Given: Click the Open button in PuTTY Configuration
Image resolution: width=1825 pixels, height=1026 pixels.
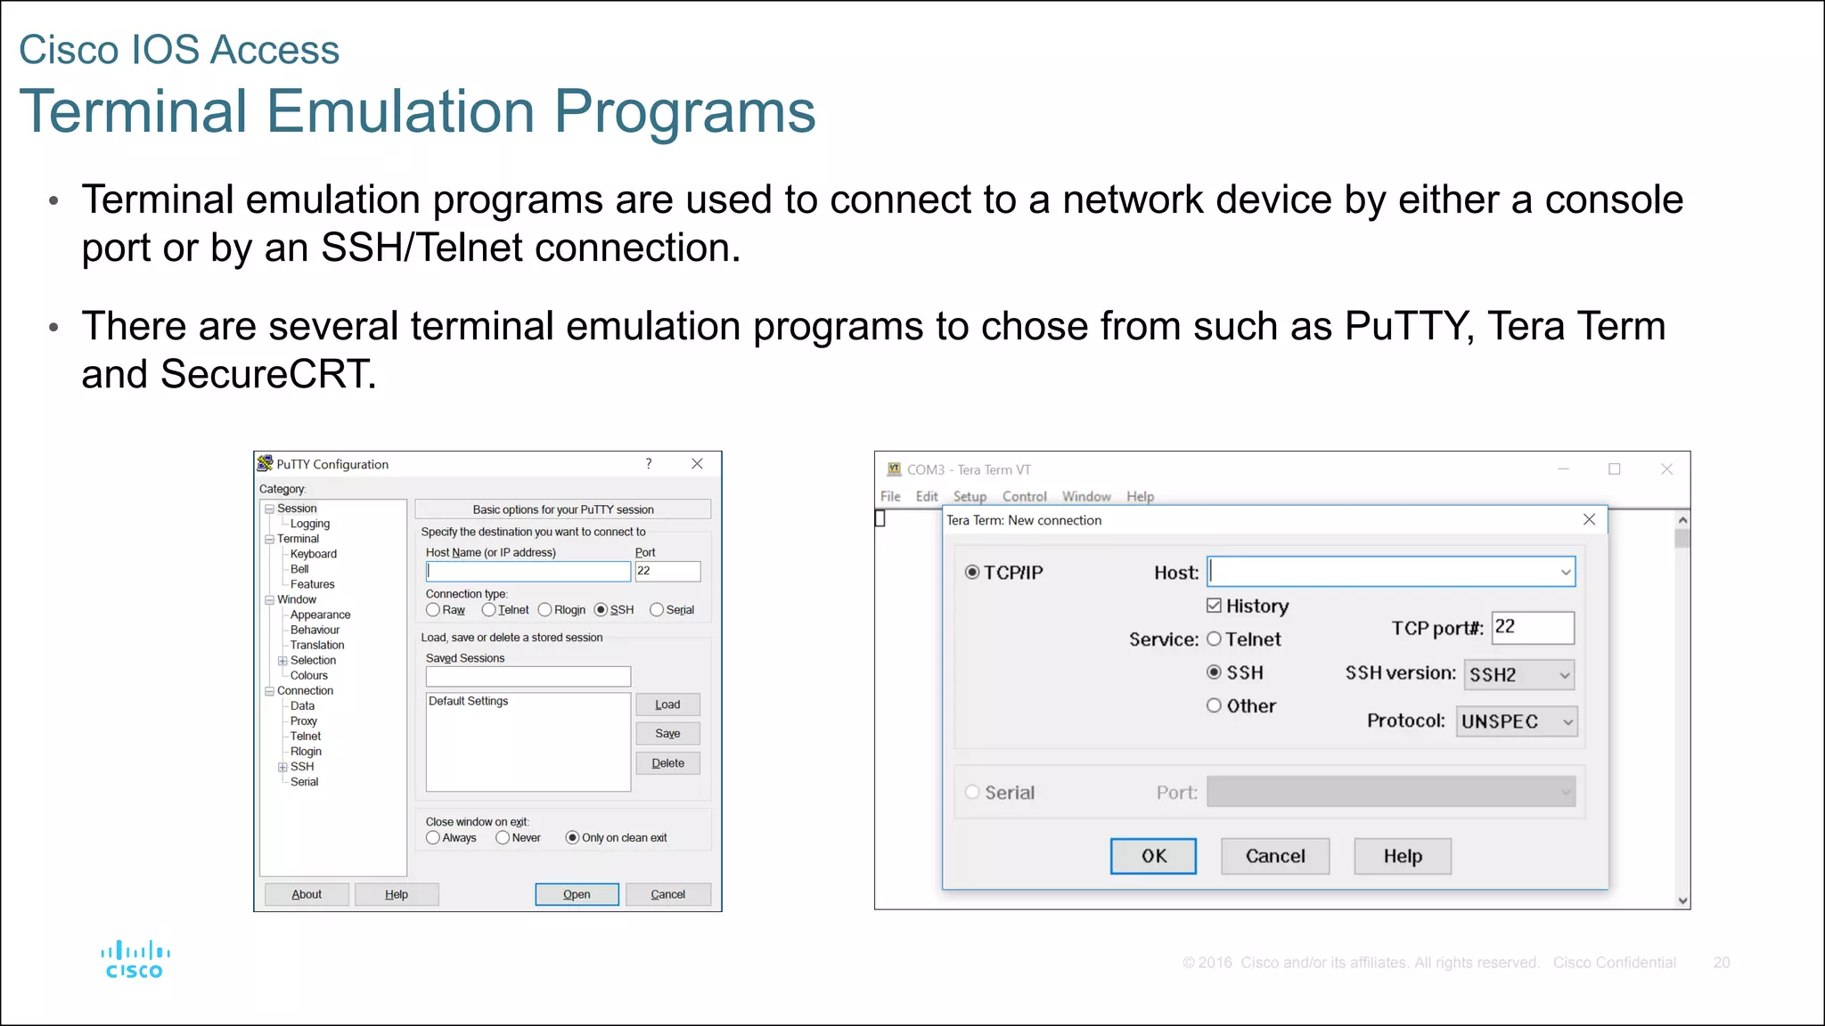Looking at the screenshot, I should [x=577, y=894].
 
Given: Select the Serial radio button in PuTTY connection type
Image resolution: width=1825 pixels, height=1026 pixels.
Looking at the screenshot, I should [x=657, y=610].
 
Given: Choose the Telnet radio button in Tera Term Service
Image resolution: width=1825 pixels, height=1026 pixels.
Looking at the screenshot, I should [x=1214, y=639].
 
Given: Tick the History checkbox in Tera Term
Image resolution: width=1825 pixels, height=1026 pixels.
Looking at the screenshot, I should [x=1214, y=606].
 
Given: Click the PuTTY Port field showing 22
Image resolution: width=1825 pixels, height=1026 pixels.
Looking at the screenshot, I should [x=667, y=571].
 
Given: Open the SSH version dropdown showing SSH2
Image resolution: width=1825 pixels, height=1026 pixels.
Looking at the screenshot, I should [x=1518, y=674].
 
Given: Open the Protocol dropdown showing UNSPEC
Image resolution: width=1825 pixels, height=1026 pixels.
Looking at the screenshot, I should [x=1517, y=721].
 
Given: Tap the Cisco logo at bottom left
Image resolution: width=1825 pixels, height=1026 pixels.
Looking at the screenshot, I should [x=135, y=959].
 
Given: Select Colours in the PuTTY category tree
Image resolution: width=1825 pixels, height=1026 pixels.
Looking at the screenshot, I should [x=308, y=675].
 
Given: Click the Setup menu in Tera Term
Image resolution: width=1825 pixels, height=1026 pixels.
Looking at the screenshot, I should [x=970, y=496].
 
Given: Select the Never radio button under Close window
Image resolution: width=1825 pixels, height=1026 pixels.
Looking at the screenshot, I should [x=503, y=837].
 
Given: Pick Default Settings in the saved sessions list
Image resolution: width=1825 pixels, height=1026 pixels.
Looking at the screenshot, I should [x=469, y=701].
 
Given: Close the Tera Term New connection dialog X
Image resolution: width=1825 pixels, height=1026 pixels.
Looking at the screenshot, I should [x=1589, y=519].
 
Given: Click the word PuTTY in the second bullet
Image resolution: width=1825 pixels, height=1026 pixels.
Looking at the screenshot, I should [x=1405, y=326].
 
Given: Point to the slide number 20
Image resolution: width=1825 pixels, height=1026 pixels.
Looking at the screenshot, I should [x=1721, y=963].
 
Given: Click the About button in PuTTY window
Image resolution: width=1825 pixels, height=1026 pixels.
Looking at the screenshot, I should [x=307, y=894].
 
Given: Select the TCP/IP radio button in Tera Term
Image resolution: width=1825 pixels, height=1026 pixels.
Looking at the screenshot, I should [x=972, y=572].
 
